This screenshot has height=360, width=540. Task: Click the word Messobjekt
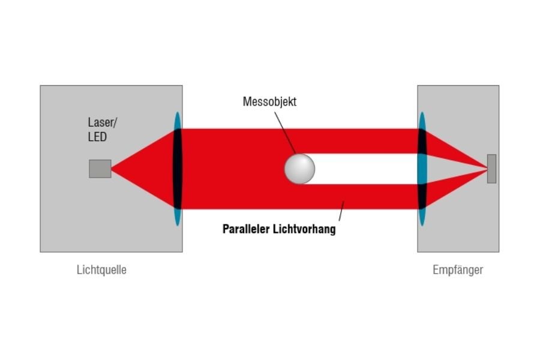[x=269, y=101]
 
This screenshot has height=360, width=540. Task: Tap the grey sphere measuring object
[x=299, y=169]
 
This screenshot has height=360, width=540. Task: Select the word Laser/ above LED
[x=103, y=123]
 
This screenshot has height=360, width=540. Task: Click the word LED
[x=97, y=137]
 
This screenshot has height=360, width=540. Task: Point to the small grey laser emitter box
[x=100, y=169]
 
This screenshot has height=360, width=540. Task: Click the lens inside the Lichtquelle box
[x=178, y=169]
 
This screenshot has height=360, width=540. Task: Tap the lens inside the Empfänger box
[x=422, y=169]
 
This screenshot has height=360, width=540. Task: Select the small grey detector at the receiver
[x=491, y=169]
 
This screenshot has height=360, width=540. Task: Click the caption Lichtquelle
[x=101, y=269]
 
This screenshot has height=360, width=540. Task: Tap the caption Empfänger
[x=458, y=269]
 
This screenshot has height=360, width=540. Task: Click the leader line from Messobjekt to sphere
[x=286, y=132]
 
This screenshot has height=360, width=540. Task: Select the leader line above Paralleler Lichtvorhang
[x=342, y=211]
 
